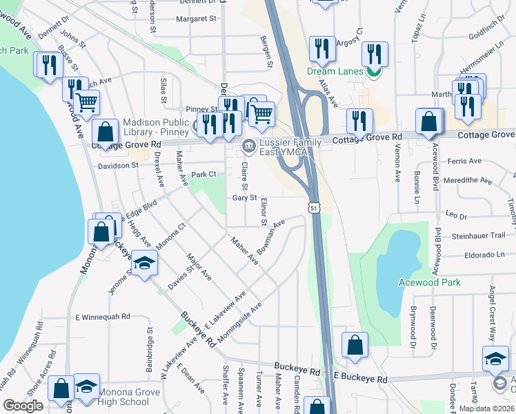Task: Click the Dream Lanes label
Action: tap(335, 70)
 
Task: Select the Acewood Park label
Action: tap(429, 282)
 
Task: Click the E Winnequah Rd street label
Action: tap(103, 317)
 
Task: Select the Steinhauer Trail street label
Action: tap(479, 236)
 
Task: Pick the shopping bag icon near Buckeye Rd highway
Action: tap(355, 348)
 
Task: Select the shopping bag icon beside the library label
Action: tap(106, 132)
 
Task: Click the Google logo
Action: tap(23, 406)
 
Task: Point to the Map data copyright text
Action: tap(486, 408)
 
